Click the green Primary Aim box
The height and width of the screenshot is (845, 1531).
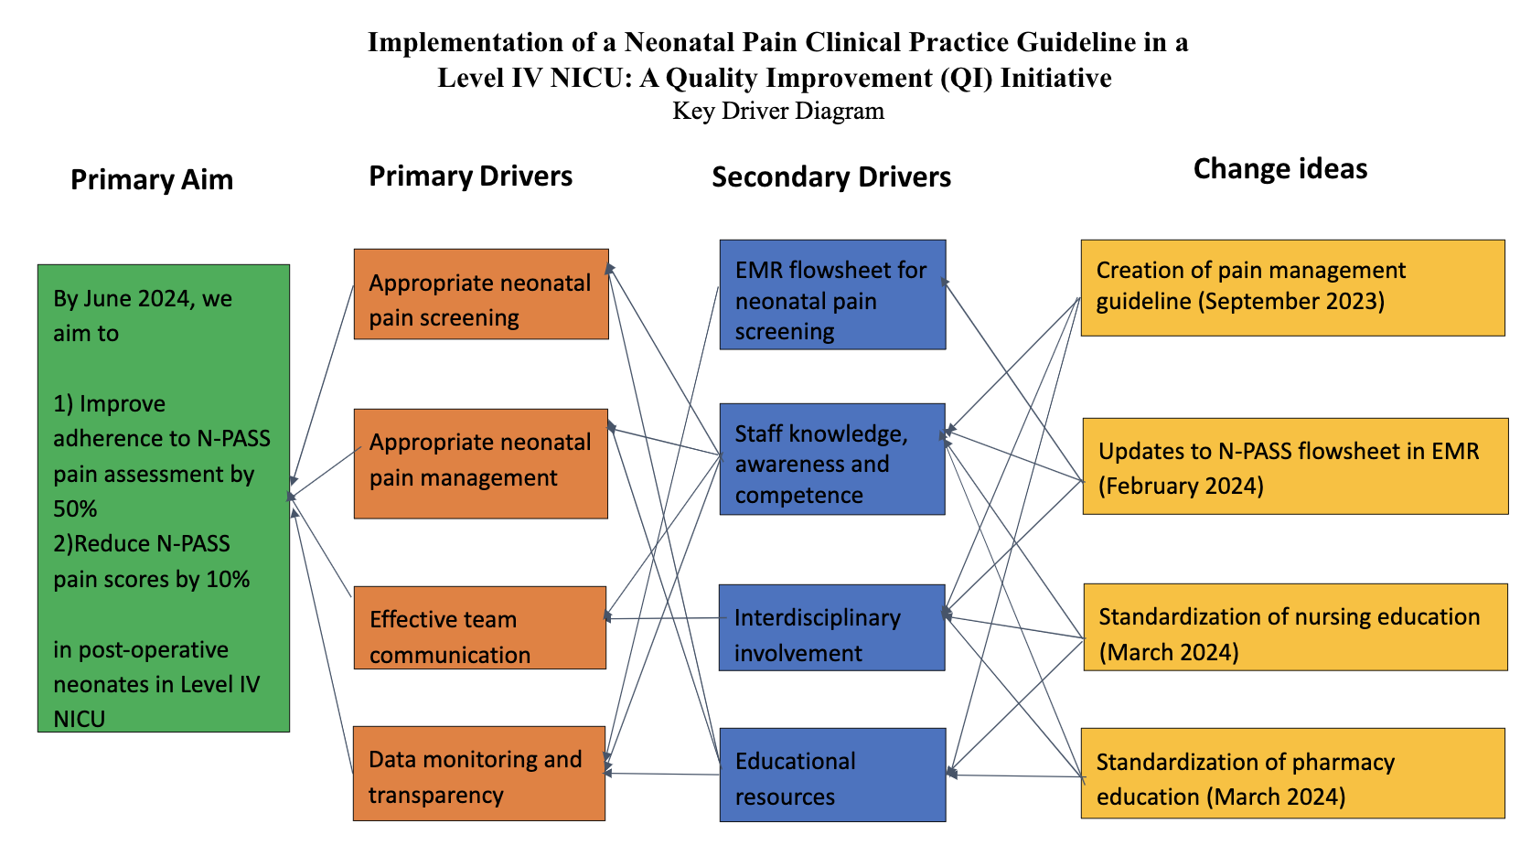pyautogui.click(x=164, y=497)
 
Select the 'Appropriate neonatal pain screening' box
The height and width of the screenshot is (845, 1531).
pyautogui.click(x=481, y=294)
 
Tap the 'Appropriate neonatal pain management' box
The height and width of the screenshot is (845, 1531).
pyautogui.click(x=480, y=464)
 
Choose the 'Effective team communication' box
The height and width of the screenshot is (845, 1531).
pyautogui.click(x=480, y=627)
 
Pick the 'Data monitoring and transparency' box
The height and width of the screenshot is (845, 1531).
pyautogui.click(x=479, y=774)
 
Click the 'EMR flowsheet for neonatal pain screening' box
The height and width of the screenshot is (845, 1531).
pyautogui.click(x=832, y=294)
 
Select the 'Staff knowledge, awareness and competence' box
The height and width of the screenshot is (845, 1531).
pyautogui.click(x=832, y=459)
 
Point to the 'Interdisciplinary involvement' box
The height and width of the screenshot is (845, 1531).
pyautogui.click(x=831, y=627)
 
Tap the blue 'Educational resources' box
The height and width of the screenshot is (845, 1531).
pyautogui.click(x=832, y=775)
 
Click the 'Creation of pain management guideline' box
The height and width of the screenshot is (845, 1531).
pyautogui.click(x=1293, y=288)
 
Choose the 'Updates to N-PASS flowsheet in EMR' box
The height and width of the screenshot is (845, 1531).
pyautogui.click(x=1296, y=466)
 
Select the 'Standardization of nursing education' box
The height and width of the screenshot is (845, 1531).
pyautogui.click(x=1296, y=627)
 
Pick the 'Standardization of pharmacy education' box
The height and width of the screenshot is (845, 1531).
pyautogui.click(x=1293, y=774)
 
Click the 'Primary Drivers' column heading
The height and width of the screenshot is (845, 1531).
pyautogui.click(x=471, y=176)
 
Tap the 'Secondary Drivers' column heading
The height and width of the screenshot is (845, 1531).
pyautogui.click(x=831, y=177)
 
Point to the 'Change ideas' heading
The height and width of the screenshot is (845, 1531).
pyautogui.click(x=1280, y=169)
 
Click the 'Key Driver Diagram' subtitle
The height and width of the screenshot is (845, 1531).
pyautogui.click(x=778, y=111)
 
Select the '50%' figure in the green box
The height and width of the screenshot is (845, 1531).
pyautogui.click(x=75, y=508)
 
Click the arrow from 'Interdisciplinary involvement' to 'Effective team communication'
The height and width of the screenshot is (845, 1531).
pyautogui.click(x=665, y=618)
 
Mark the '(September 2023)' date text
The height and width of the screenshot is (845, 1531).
pyautogui.click(x=1291, y=302)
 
